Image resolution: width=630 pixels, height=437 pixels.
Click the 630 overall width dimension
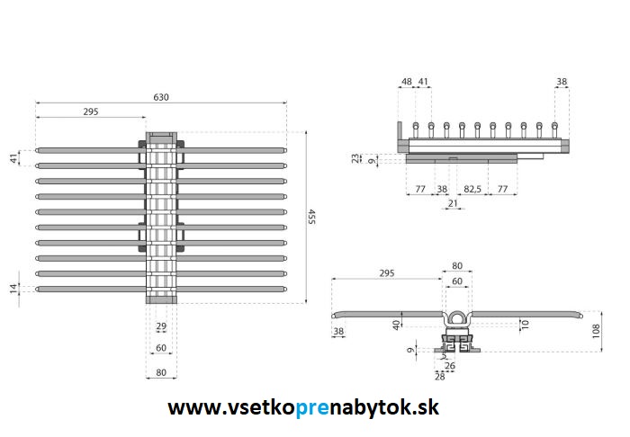coord(161,97)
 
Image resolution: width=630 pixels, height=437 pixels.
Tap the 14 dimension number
coord(13,288)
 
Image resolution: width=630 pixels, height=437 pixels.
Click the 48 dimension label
coord(407,82)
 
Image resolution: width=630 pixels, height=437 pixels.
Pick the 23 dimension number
coord(356,156)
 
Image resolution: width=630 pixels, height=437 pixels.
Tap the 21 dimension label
coord(453,205)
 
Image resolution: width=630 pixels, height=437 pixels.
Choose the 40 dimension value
coord(397,324)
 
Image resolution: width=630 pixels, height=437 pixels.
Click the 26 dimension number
coord(450,366)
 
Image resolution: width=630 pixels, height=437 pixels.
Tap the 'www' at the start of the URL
coord(190,408)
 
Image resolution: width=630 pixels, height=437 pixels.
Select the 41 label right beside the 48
coord(423,82)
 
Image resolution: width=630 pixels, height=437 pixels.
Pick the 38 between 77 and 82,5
coord(442,190)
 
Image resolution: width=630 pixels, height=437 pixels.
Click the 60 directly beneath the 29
coord(161,347)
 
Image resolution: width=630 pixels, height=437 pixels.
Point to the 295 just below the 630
coord(90,112)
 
